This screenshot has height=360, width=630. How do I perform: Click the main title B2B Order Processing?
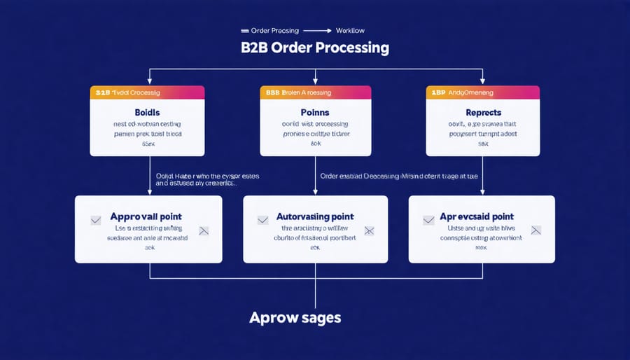tap(315, 48)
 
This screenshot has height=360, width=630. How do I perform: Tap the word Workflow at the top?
tap(350, 31)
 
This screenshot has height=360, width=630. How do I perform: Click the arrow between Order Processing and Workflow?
tap(318, 31)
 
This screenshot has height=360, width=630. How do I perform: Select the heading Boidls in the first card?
tap(147, 112)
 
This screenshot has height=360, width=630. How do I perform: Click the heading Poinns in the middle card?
tap(315, 112)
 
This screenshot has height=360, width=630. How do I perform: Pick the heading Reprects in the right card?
tap(483, 112)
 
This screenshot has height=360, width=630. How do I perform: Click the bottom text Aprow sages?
tap(295, 317)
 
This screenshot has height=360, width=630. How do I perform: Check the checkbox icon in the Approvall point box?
tap(96, 220)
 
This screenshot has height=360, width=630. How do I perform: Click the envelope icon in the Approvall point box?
tap(204, 230)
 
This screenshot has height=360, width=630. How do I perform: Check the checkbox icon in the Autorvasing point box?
tap(263, 220)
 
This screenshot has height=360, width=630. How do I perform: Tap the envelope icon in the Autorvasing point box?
tap(369, 230)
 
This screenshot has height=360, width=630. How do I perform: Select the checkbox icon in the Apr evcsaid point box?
tap(429, 220)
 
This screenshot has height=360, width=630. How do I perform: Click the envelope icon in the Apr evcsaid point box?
tap(536, 230)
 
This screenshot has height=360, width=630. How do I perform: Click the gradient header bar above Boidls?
tap(147, 92)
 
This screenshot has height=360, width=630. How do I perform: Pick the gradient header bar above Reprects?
tap(483, 92)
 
